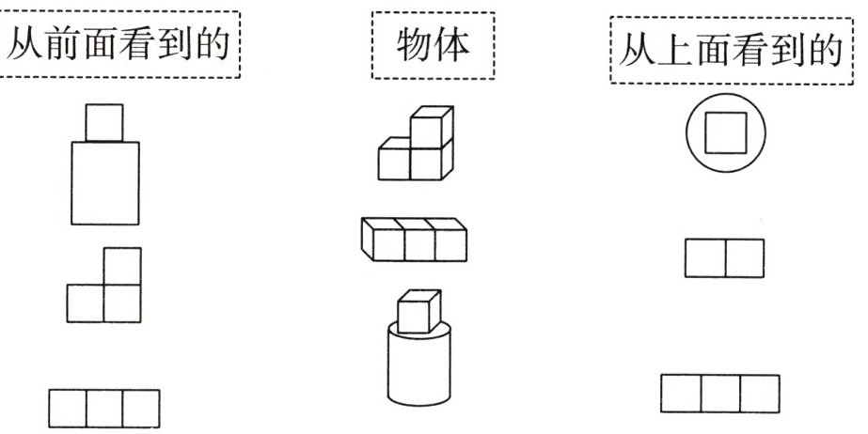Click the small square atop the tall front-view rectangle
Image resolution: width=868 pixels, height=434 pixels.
[x=104, y=122]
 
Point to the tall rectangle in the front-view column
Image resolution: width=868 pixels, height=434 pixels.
[x=105, y=183]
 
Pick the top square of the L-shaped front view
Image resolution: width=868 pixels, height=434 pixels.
[x=122, y=266]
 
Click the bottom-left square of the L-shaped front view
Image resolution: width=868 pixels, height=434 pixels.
[x=86, y=303]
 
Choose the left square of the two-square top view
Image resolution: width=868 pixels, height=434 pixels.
[x=704, y=258]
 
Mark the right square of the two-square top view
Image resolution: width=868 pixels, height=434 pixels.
[x=744, y=258]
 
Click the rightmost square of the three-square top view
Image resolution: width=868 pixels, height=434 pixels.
[x=760, y=394]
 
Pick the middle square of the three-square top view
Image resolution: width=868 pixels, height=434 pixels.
[x=720, y=394]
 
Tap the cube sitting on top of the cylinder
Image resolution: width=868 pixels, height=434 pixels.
[x=418, y=314]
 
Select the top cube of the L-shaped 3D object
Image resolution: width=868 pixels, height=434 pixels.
[x=429, y=128]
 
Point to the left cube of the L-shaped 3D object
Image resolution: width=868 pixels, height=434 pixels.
[x=395, y=162]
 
